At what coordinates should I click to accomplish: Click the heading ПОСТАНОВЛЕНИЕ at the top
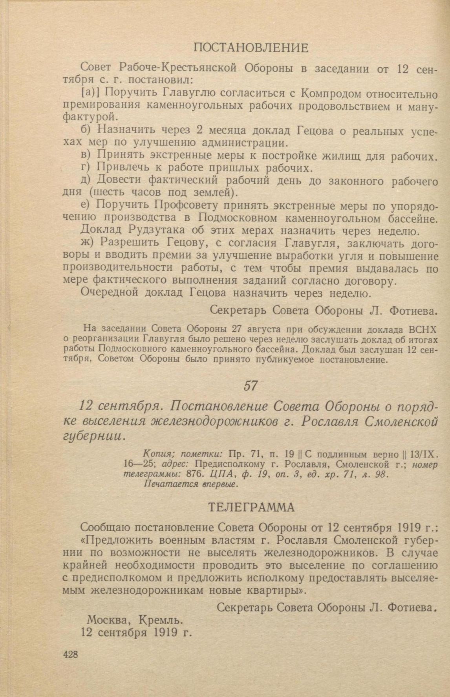click(x=251, y=48)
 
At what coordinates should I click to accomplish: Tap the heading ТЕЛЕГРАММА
click(x=251, y=507)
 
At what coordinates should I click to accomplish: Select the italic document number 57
click(x=251, y=386)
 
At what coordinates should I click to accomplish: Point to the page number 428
click(x=70, y=654)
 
